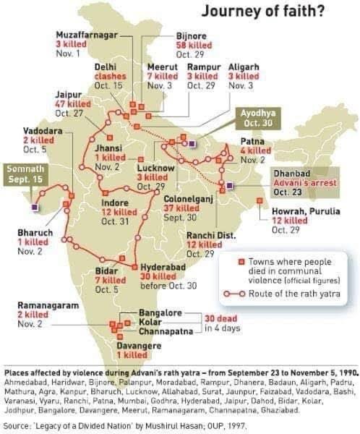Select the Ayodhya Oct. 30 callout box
pos(257,119)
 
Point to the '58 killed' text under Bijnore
pos(194,44)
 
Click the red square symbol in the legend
pos(242,261)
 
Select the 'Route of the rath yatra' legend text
pos(294,294)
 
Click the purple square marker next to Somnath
pos(35,206)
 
